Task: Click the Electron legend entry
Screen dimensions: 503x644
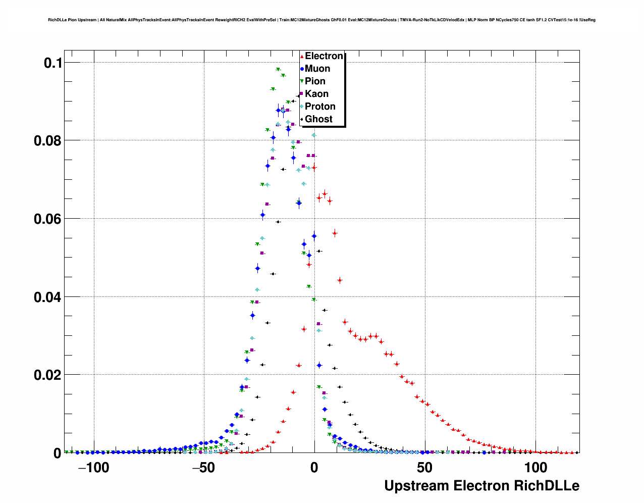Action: (324, 56)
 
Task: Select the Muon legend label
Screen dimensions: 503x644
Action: (317, 69)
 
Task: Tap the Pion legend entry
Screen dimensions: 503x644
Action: (315, 81)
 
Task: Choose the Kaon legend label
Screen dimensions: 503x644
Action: (316, 94)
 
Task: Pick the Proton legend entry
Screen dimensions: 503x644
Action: (320, 107)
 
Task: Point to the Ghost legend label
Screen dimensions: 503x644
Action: (318, 119)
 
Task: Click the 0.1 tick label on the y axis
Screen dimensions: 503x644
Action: (52, 63)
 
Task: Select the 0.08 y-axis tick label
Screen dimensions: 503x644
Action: (47, 141)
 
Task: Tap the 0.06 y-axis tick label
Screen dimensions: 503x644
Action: (47, 219)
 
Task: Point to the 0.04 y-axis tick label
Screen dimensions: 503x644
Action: (47, 297)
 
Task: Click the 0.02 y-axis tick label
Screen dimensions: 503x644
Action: (47, 375)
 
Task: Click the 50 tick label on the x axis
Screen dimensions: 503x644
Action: (425, 468)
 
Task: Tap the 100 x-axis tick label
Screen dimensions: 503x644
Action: (535, 468)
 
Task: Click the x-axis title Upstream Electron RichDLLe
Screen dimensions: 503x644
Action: (481, 486)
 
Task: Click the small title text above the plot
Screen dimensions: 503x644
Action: (321, 20)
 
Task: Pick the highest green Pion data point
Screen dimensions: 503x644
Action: (278, 70)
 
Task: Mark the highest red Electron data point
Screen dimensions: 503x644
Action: (314, 167)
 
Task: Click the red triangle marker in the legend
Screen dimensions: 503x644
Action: (302, 57)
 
